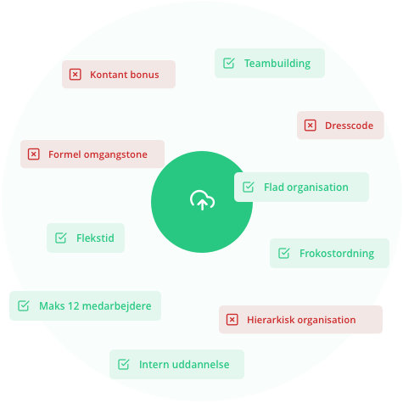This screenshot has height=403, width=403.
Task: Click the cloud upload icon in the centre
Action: point(202,200)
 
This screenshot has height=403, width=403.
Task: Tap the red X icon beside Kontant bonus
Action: point(76,75)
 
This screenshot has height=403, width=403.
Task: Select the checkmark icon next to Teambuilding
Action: point(229,63)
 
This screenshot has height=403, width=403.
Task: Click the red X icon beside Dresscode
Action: point(310,126)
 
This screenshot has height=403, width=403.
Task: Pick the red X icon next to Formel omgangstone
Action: point(34,154)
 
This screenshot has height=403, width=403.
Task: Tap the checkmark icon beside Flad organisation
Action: point(249,187)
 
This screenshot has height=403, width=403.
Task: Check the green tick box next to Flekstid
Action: point(61,238)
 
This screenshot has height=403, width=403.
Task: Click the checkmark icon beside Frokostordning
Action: point(284,253)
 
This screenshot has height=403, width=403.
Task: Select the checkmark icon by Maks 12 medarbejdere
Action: point(24,305)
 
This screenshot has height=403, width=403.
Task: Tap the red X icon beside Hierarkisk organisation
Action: point(232,320)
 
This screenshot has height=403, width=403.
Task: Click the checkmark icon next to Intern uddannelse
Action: point(124,364)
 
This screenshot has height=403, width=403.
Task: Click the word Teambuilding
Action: point(277,64)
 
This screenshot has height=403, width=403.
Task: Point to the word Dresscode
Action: point(349,126)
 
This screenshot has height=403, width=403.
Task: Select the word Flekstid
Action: point(95,238)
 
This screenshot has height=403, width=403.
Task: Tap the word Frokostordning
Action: point(337,254)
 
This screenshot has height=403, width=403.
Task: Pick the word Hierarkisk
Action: point(271,320)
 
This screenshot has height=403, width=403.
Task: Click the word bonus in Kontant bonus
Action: point(144,75)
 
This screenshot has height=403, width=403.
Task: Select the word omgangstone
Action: point(115,155)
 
